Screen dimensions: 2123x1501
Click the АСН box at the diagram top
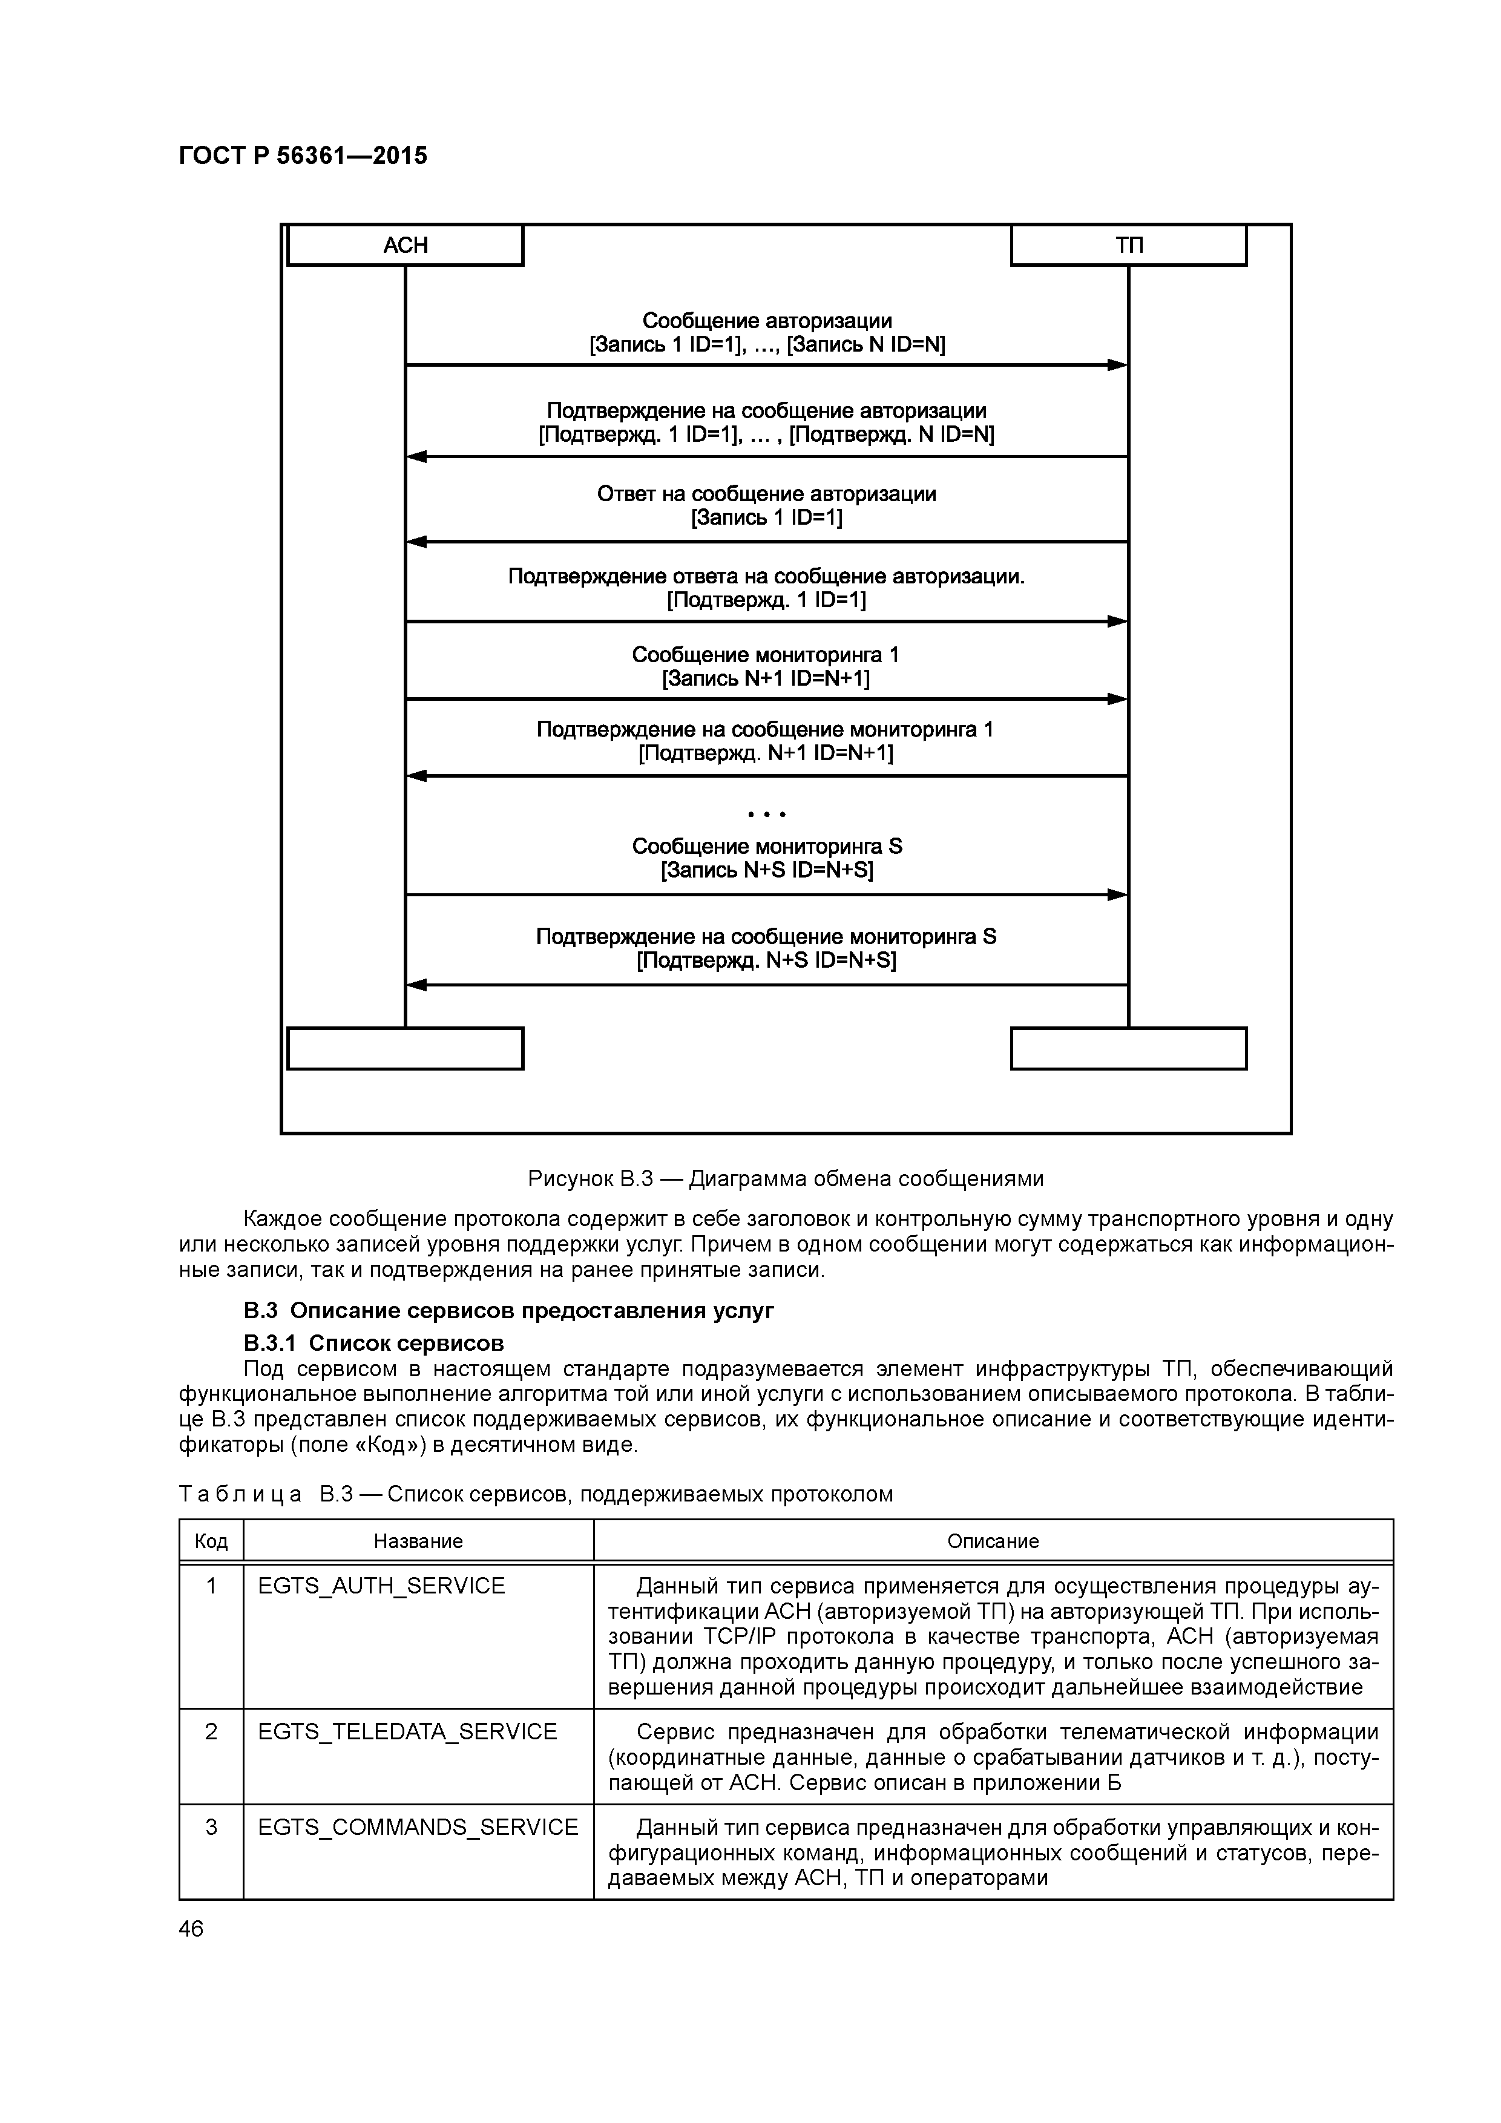click(x=405, y=245)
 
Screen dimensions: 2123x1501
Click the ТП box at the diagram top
click(x=1128, y=245)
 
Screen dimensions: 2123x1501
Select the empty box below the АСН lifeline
click(x=405, y=1049)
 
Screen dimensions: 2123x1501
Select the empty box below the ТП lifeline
click(x=1128, y=1049)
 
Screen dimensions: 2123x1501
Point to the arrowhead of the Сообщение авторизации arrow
click(x=1118, y=366)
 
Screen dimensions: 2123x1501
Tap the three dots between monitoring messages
click(x=767, y=815)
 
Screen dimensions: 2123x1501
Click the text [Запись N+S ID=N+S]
click(x=767, y=870)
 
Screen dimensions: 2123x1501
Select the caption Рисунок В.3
click(x=785, y=1179)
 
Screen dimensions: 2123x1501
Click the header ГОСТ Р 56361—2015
click(x=303, y=156)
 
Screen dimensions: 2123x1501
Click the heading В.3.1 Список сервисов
click(x=373, y=1342)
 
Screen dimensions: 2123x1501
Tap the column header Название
click(x=418, y=1541)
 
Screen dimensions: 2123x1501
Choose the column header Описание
click(x=993, y=1541)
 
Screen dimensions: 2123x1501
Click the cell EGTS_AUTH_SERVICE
click(x=381, y=1587)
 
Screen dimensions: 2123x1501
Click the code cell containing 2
click(x=211, y=1732)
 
